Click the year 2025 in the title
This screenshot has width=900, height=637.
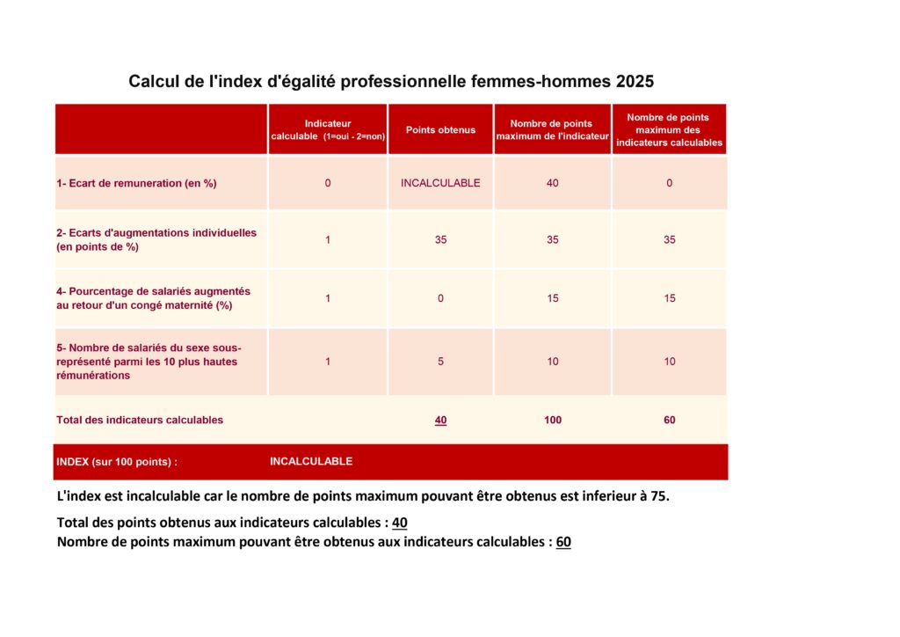635,82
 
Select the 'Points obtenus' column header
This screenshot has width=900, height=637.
440,130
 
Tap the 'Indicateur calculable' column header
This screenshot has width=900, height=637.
328,130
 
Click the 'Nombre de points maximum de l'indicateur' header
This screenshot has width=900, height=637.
552,130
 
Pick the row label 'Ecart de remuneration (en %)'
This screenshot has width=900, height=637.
136,184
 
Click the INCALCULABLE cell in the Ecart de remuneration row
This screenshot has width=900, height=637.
440,184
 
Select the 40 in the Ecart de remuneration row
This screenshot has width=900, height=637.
552,184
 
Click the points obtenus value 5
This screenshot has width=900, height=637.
440,362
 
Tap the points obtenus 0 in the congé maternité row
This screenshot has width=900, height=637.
440,298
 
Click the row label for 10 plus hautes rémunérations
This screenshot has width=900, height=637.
149,362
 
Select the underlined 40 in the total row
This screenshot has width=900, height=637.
440,421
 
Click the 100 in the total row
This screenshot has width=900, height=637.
552,421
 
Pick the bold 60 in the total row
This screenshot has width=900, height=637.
669,421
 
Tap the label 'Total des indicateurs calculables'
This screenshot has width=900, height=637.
140,421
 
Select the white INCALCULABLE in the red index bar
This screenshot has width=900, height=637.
311,462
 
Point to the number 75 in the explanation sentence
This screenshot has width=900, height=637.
658,496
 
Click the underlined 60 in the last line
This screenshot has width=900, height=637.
563,542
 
